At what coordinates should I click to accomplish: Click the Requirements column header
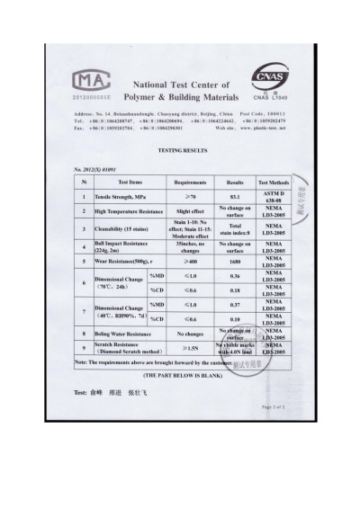(191, 181)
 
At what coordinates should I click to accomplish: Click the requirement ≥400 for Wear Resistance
(191, 262)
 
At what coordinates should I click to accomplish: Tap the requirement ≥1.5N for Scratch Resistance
(191, 347)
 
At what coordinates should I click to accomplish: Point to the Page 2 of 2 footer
(273, 407)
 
